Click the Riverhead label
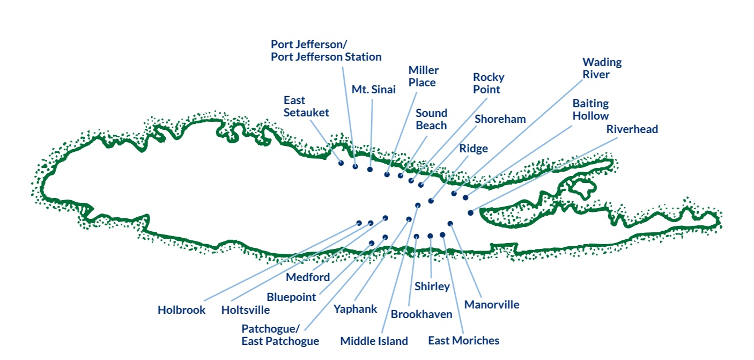[x=632, y=129]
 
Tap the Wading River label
[x=602, y=68]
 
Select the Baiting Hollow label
[x=590, y=109]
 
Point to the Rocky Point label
[x=488, y=84]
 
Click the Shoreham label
[x=500, y=119]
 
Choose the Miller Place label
[x=423, y=76]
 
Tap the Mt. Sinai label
[x=373, y=90]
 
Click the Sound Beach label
[x=431, y=119]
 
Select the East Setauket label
[x=306, y=106]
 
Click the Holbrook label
[x=181, y=310]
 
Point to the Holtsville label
[x=245, y=310]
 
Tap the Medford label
[x=307, y=277]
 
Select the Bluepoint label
[x=291, y=297]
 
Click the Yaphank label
[x=355, y=309]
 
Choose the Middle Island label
[x=374, y=341]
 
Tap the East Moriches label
[x=463, y=341]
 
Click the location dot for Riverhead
[x=470, y=213]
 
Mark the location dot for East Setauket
[x=341, y=163]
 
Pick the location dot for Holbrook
[x=359, y=223]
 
